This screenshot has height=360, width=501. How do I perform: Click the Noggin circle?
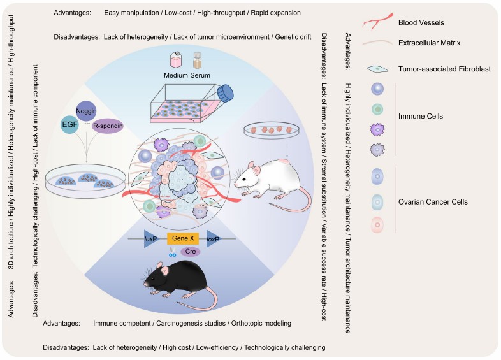pos(87,110)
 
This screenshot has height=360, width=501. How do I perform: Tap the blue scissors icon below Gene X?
pos(172,254)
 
